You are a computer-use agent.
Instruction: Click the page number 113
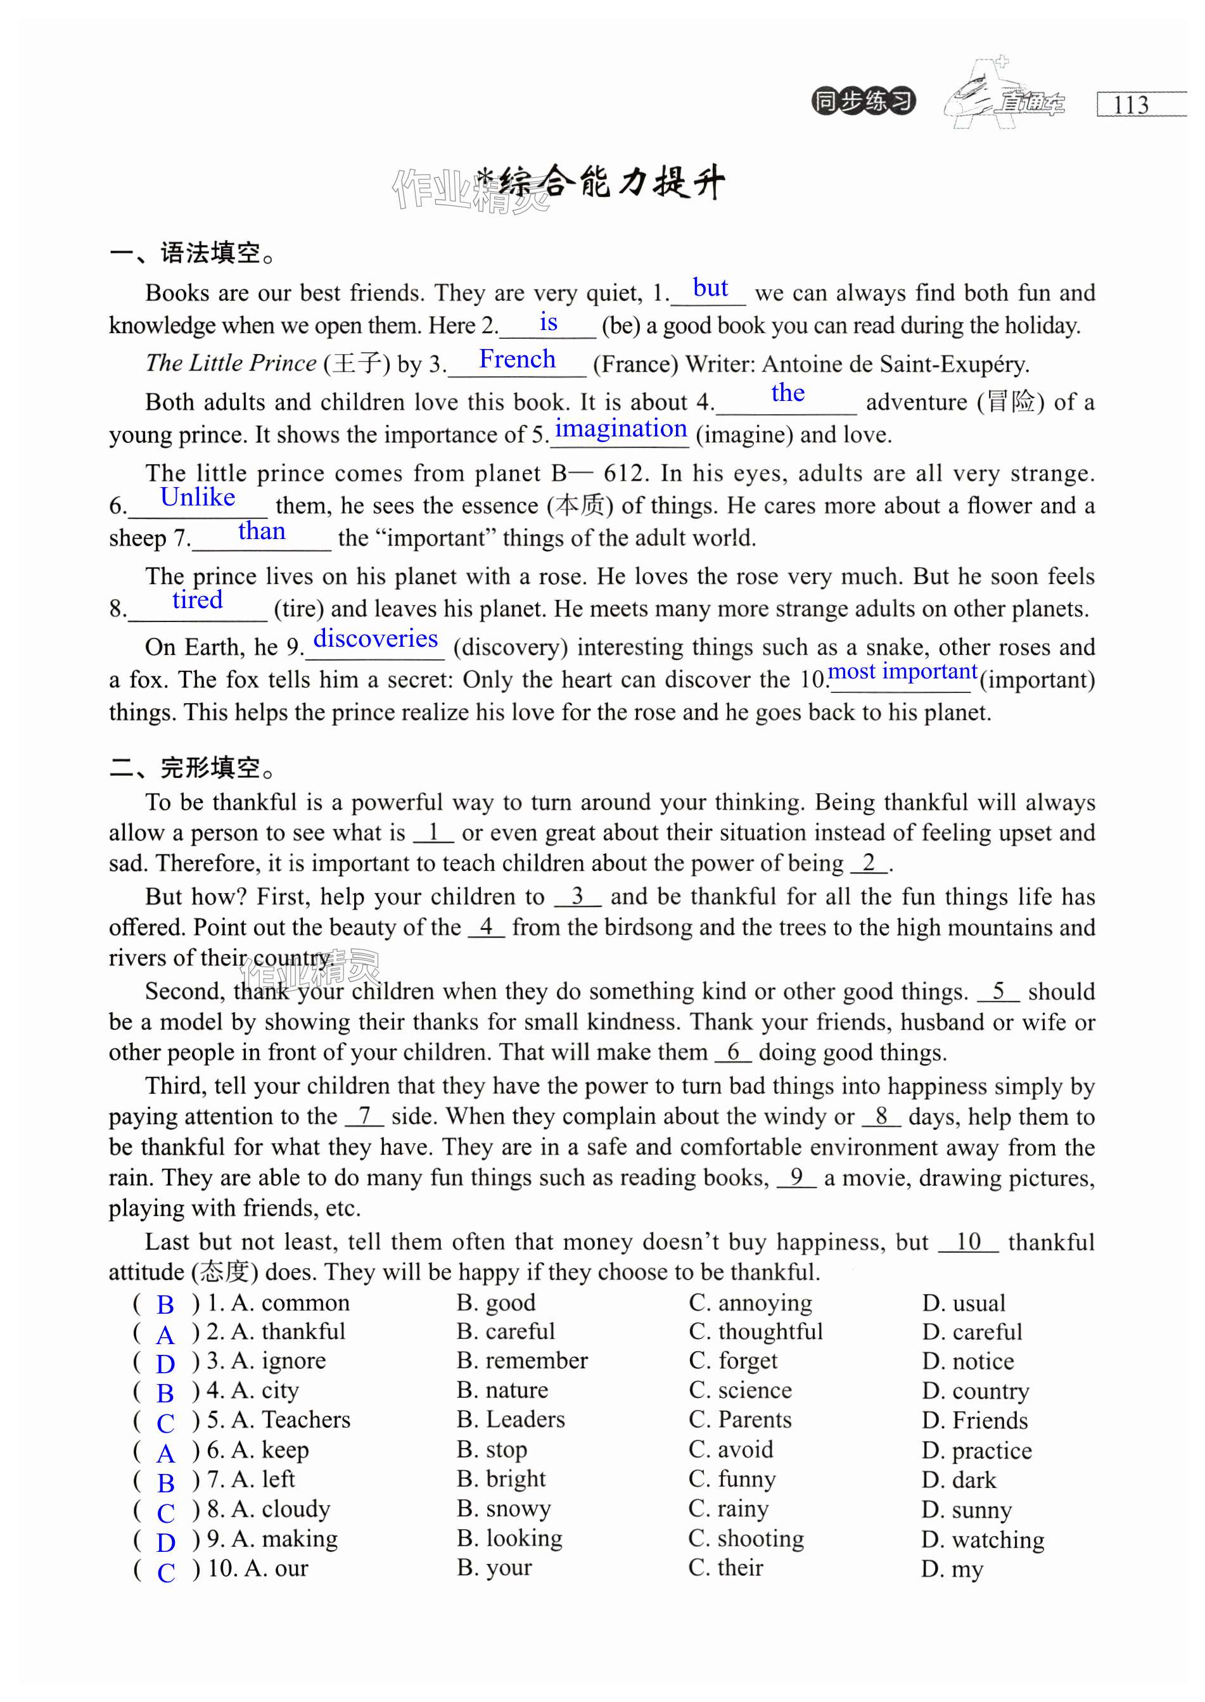click(x=1130, y=105)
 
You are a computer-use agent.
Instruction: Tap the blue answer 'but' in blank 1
click(x=710, y=288)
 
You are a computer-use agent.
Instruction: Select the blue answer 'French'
click(x=517, y=359)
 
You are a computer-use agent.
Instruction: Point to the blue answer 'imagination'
click(x=621, y=429)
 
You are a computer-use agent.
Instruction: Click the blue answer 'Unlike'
click(x=198, y=497)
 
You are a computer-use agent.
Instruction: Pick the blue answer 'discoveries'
click(x=376, y=638)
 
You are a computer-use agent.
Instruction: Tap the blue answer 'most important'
click(x=902, y=671)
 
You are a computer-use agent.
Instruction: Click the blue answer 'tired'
click(x=198, y=599)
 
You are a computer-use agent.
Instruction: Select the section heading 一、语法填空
click(x=192, y=254)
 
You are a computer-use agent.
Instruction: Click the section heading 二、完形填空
click(x=192, y=768)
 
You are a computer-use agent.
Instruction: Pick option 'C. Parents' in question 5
click(x=740, y=1419)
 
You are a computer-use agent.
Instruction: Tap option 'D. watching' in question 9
click(x=983, y=1539)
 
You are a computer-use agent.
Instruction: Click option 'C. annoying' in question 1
click(x=750, y=1303)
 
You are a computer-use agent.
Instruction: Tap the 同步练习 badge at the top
click(x=863, y=101)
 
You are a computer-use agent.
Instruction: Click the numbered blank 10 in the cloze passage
click(x=968, y=1242)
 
